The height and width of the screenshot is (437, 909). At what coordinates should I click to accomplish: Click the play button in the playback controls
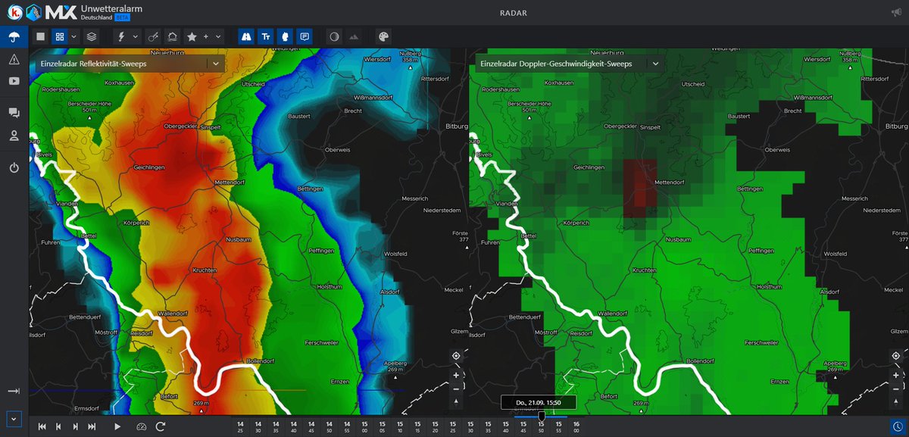coord(117,426)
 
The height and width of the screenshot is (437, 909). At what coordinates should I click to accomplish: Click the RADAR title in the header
coord(514,13)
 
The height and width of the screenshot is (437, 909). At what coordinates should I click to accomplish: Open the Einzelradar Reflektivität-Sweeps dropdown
coord(216,64)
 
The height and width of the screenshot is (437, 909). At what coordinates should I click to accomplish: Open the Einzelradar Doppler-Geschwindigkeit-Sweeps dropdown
coord(654,64)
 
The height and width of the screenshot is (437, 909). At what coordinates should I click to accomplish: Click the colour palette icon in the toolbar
coord(383,36)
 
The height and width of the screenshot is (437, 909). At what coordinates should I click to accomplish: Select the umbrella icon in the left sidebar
coord(14,36)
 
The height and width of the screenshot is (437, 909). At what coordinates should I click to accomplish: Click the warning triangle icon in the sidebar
coord(14,59)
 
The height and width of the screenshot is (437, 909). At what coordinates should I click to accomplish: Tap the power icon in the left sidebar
coord(14,167)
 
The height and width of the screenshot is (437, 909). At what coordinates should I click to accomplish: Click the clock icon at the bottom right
coord(898,426)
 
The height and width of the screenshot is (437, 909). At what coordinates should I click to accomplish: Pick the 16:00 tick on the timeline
coord(576,426)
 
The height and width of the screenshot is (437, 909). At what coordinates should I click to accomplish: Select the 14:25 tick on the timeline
coord(240,426)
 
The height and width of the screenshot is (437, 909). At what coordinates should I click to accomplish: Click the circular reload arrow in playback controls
coord(161,426)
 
